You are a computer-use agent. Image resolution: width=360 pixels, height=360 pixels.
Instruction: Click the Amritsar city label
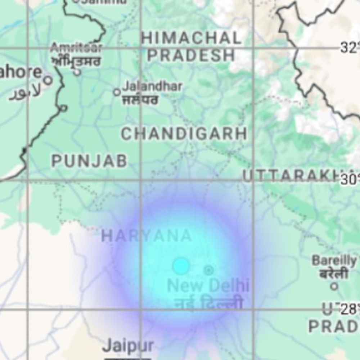coord(76,48)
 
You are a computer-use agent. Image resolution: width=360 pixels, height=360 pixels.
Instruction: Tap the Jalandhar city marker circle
coord(117,92)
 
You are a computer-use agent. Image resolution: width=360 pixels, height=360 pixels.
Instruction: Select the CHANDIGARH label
coord(184,134)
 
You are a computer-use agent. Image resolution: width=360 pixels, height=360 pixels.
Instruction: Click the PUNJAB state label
coord(89,161)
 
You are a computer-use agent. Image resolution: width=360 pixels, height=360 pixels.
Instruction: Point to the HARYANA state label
coord(147,236)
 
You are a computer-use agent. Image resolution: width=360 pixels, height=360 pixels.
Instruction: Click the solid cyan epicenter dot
coord(181,266)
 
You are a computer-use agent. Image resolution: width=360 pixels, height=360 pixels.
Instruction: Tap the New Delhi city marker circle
coord(208,270)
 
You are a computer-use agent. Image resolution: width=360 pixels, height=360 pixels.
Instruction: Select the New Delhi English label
coord(208,286)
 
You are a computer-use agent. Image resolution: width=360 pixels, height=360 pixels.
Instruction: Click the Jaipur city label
coord(128,346)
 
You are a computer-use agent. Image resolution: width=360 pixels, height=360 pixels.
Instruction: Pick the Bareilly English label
coord(334,260)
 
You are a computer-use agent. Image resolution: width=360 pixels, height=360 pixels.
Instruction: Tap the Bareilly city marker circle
coord(334,287)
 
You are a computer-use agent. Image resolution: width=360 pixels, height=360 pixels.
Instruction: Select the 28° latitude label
coord(350,309)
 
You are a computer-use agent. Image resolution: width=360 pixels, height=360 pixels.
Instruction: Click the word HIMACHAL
coord(191,38)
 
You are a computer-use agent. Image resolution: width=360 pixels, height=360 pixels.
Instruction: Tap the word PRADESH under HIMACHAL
coord(191,55)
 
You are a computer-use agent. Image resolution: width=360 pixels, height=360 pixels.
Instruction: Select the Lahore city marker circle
coord(48,80)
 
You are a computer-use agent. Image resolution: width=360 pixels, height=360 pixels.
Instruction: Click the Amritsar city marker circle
coord(77,72)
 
